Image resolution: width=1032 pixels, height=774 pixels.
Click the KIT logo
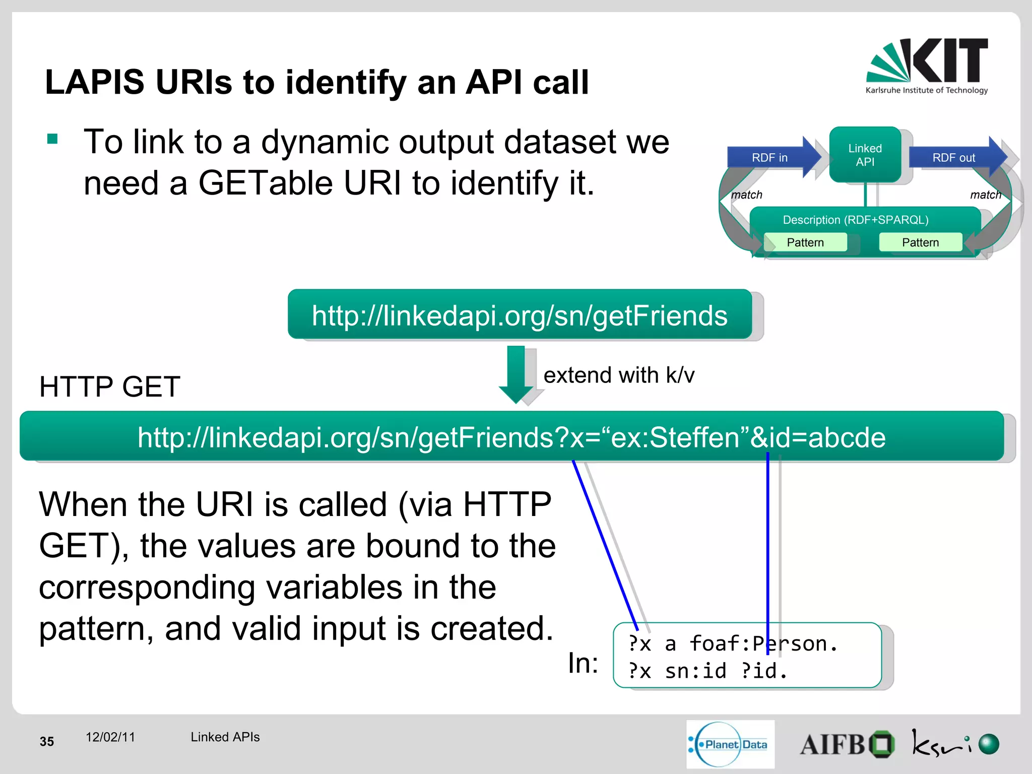pyautogui.click(x=927, y=66)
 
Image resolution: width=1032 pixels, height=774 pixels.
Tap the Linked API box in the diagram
pyautogui.click(x=865, y=155)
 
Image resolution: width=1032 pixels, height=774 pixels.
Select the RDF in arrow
pyautogui.click(x=771, y=158)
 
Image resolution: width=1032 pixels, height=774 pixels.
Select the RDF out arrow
pyautogui.click(x=954, y=158)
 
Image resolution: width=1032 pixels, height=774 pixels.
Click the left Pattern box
pyautogui.click(x=805, y=242)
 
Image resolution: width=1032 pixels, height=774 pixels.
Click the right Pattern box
pyautogui.click(x=920, y=242)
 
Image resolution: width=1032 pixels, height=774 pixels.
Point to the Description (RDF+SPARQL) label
pyautogui.click(x=856, y=220)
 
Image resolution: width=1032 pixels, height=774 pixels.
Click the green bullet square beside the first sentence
pyautogui.click(x=52, y=139)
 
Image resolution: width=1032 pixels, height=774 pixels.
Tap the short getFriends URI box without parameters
pyautogui.click(x=520, y=315)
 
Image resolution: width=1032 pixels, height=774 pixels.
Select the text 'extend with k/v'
pyautogui.click(x=619, y=375)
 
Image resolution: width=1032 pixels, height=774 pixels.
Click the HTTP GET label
pyautogui.click(x=110, y=387)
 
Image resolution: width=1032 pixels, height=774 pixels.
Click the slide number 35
pyautogui.click(x=47, y=741)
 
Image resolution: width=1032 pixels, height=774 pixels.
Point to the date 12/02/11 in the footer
pyautogui.click(x=110, y=737)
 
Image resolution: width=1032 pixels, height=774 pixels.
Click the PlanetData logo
pyautogui.click(x=730, y=744)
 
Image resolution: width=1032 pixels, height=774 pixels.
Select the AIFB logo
pyautogui.click(x=847, y=744)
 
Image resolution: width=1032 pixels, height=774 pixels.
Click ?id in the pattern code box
pyautogui.click(x=759, y=671)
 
